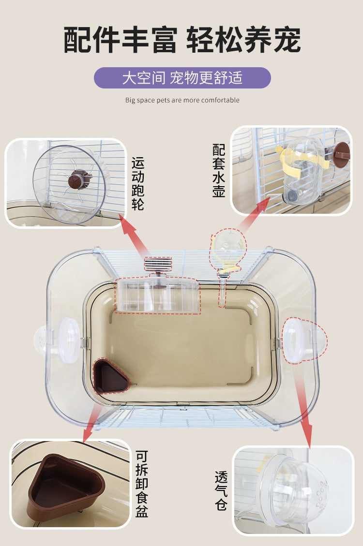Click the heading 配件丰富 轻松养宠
pyautogui.click(x=182, y=39)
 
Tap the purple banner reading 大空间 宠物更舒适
pyautogui.click(x=182, y=78)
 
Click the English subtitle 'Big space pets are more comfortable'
pyautogui.click(x=182, y=100)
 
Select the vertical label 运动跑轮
pyautogui.click(x=137, y=183)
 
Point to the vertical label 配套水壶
pyautogui.click(x=219, y=171)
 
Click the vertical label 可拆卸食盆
pyautogui.click(x=142, y=484)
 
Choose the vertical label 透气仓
pyautogui.click(x=221, y=491)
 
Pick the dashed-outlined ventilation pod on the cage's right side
pyautogui.click(x=304, y=340)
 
